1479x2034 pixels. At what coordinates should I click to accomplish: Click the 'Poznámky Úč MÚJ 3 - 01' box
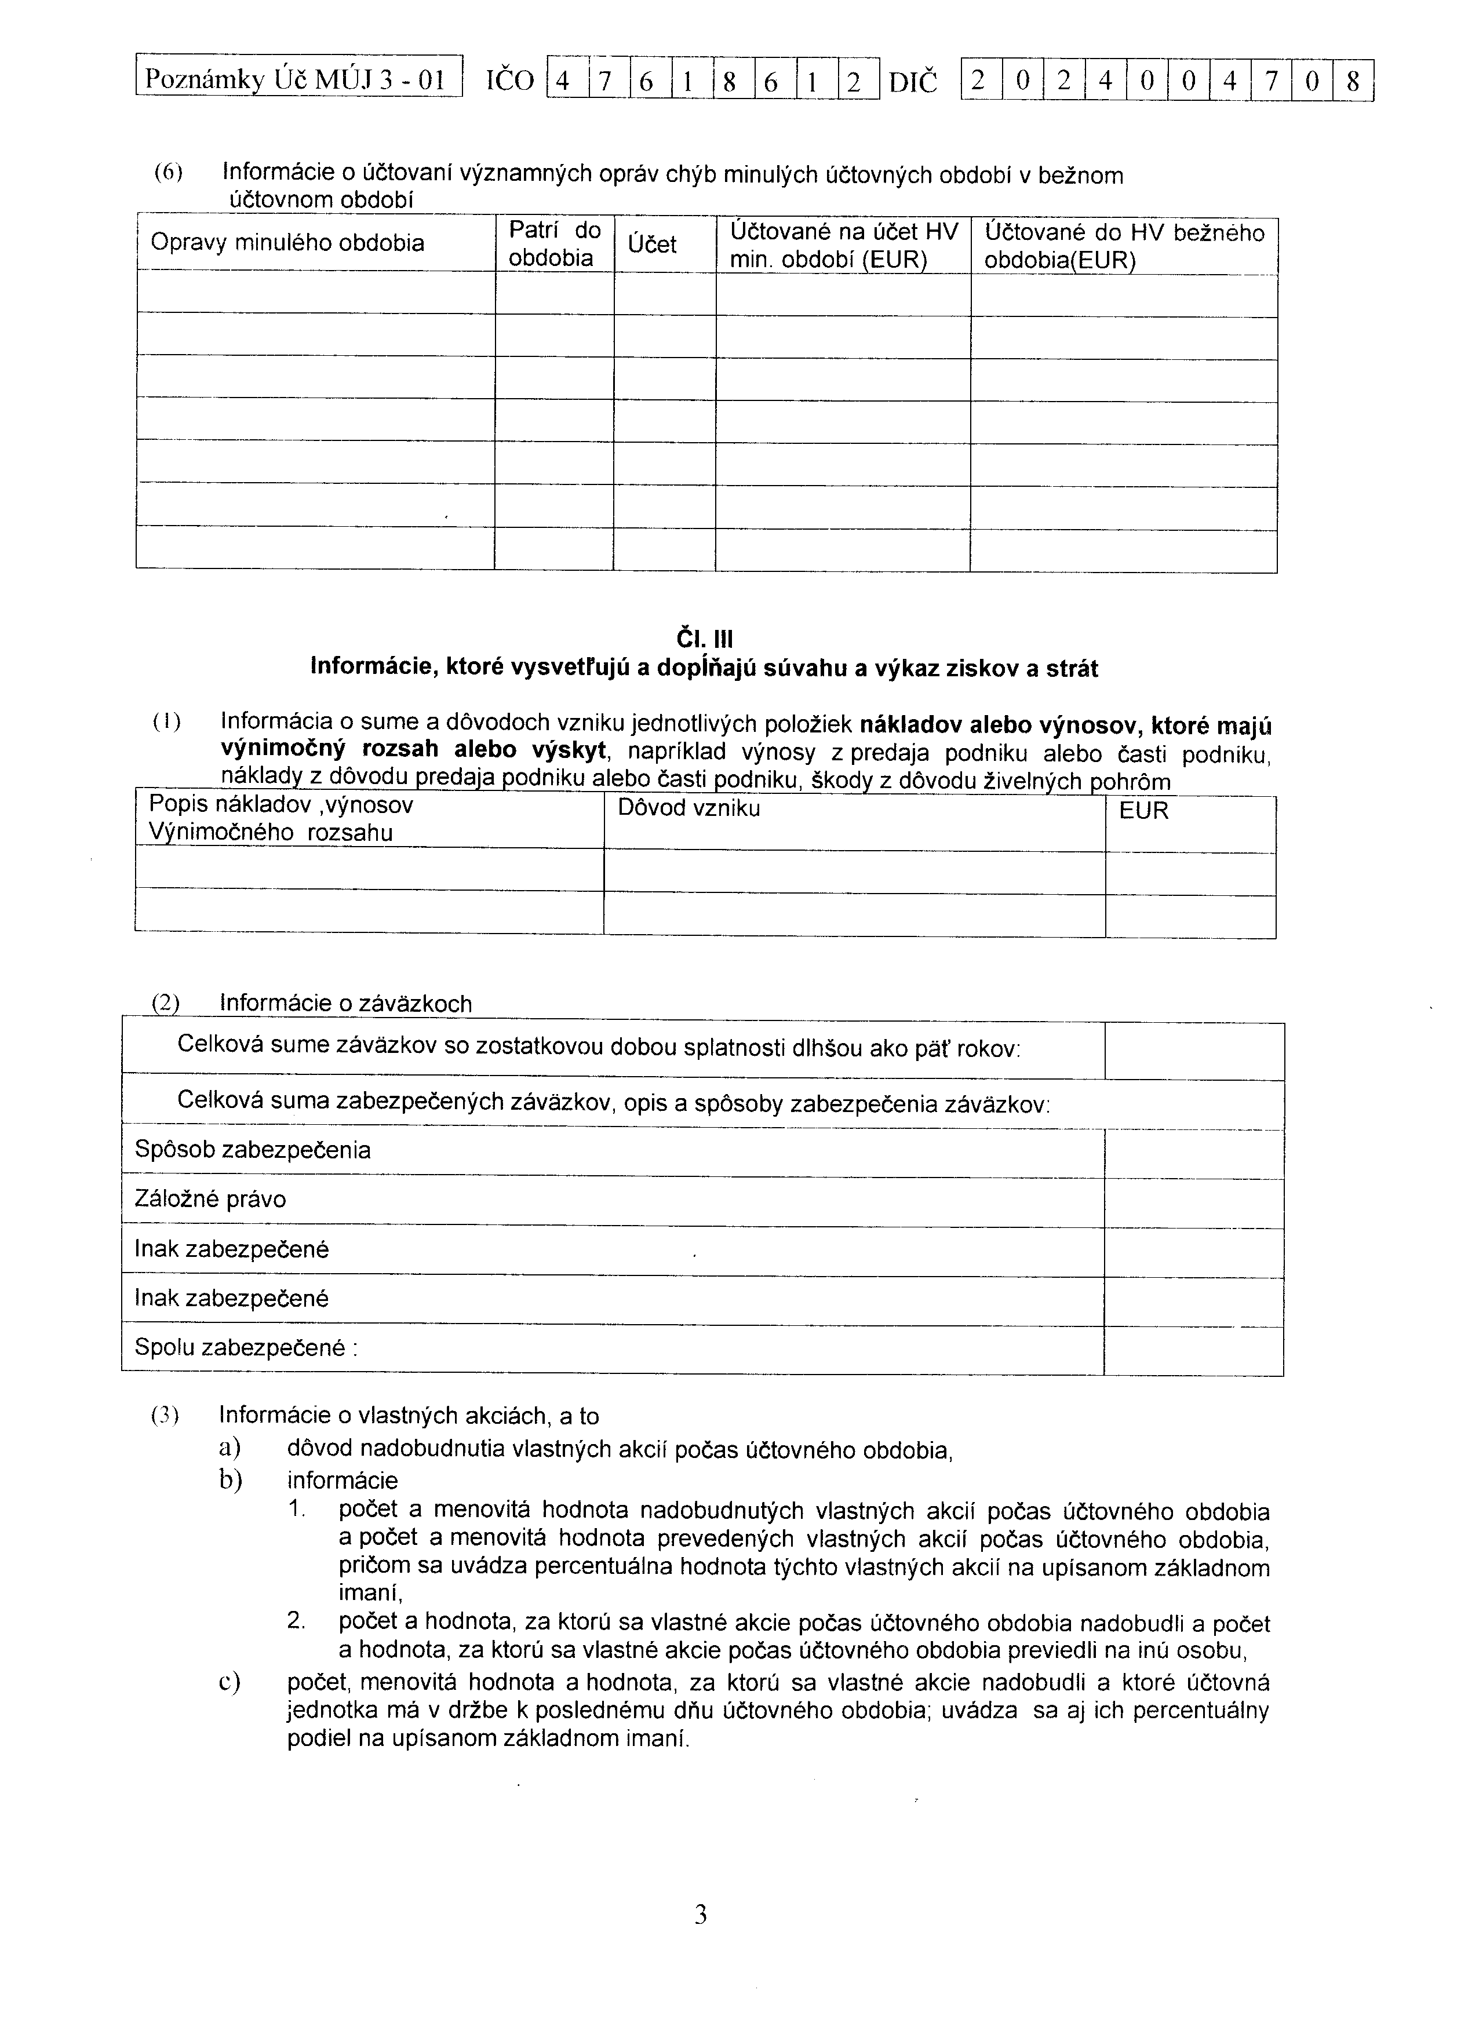(298, 81)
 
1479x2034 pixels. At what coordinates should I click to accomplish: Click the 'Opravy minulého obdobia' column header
(287, 243)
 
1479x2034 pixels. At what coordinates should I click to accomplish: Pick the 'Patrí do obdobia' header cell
(554, 244)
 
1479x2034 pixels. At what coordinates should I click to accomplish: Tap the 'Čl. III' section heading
(704, 639)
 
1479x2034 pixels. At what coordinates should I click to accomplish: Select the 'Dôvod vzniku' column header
(689, 809)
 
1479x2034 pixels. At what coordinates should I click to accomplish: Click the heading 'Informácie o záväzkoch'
(346, 1004)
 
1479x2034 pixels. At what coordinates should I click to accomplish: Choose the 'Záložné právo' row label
(211, 1199)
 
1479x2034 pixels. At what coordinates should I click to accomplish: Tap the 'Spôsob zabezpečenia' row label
(252, 1150)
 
